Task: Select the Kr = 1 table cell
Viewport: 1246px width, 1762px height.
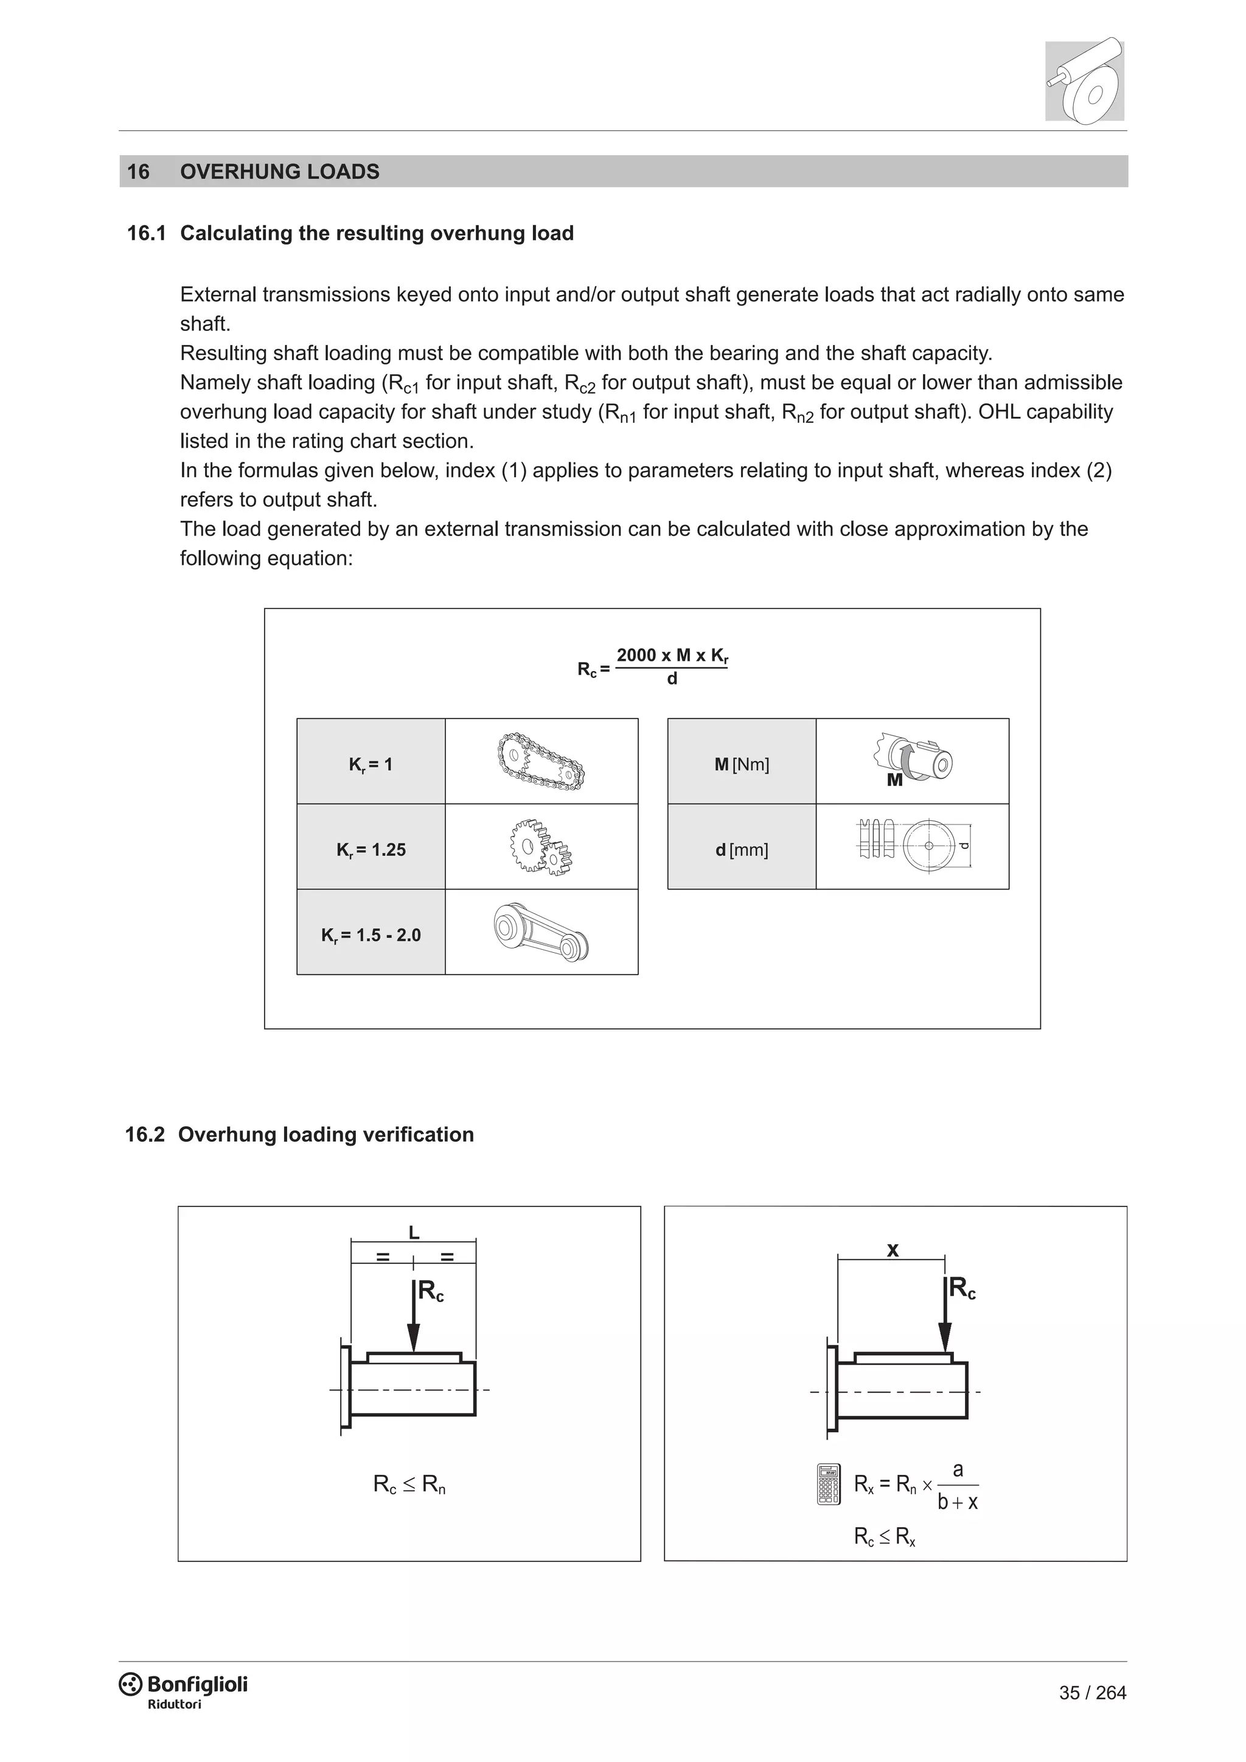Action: pyautogui.click(x=371, y=764)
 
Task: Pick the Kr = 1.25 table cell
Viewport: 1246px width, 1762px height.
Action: pyautogui.click(x=371, y=849)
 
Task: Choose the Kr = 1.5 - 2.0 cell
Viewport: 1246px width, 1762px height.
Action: pyautogui.click(x=371, y=935)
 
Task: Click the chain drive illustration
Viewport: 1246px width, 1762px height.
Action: pyautogui.click(x=540, y=761)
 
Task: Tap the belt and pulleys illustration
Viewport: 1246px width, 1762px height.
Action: pyautogui.click(x=540, y=933)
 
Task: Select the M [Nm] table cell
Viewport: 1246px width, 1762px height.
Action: pyautogui.click(x=741, y=764)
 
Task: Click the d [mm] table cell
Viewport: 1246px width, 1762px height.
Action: pyautogui.click(x=741, y=849)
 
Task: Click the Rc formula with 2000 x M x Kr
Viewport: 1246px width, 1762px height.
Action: pyautogui.click(x=653, y=666)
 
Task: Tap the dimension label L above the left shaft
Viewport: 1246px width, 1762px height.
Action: pyautogui.click(x=414, y=1233)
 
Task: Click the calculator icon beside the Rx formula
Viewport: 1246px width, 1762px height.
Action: pyautogui.click(x=829, y=1484)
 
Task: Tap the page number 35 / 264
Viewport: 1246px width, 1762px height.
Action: pyautogui.click(x=1092, y=1692)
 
